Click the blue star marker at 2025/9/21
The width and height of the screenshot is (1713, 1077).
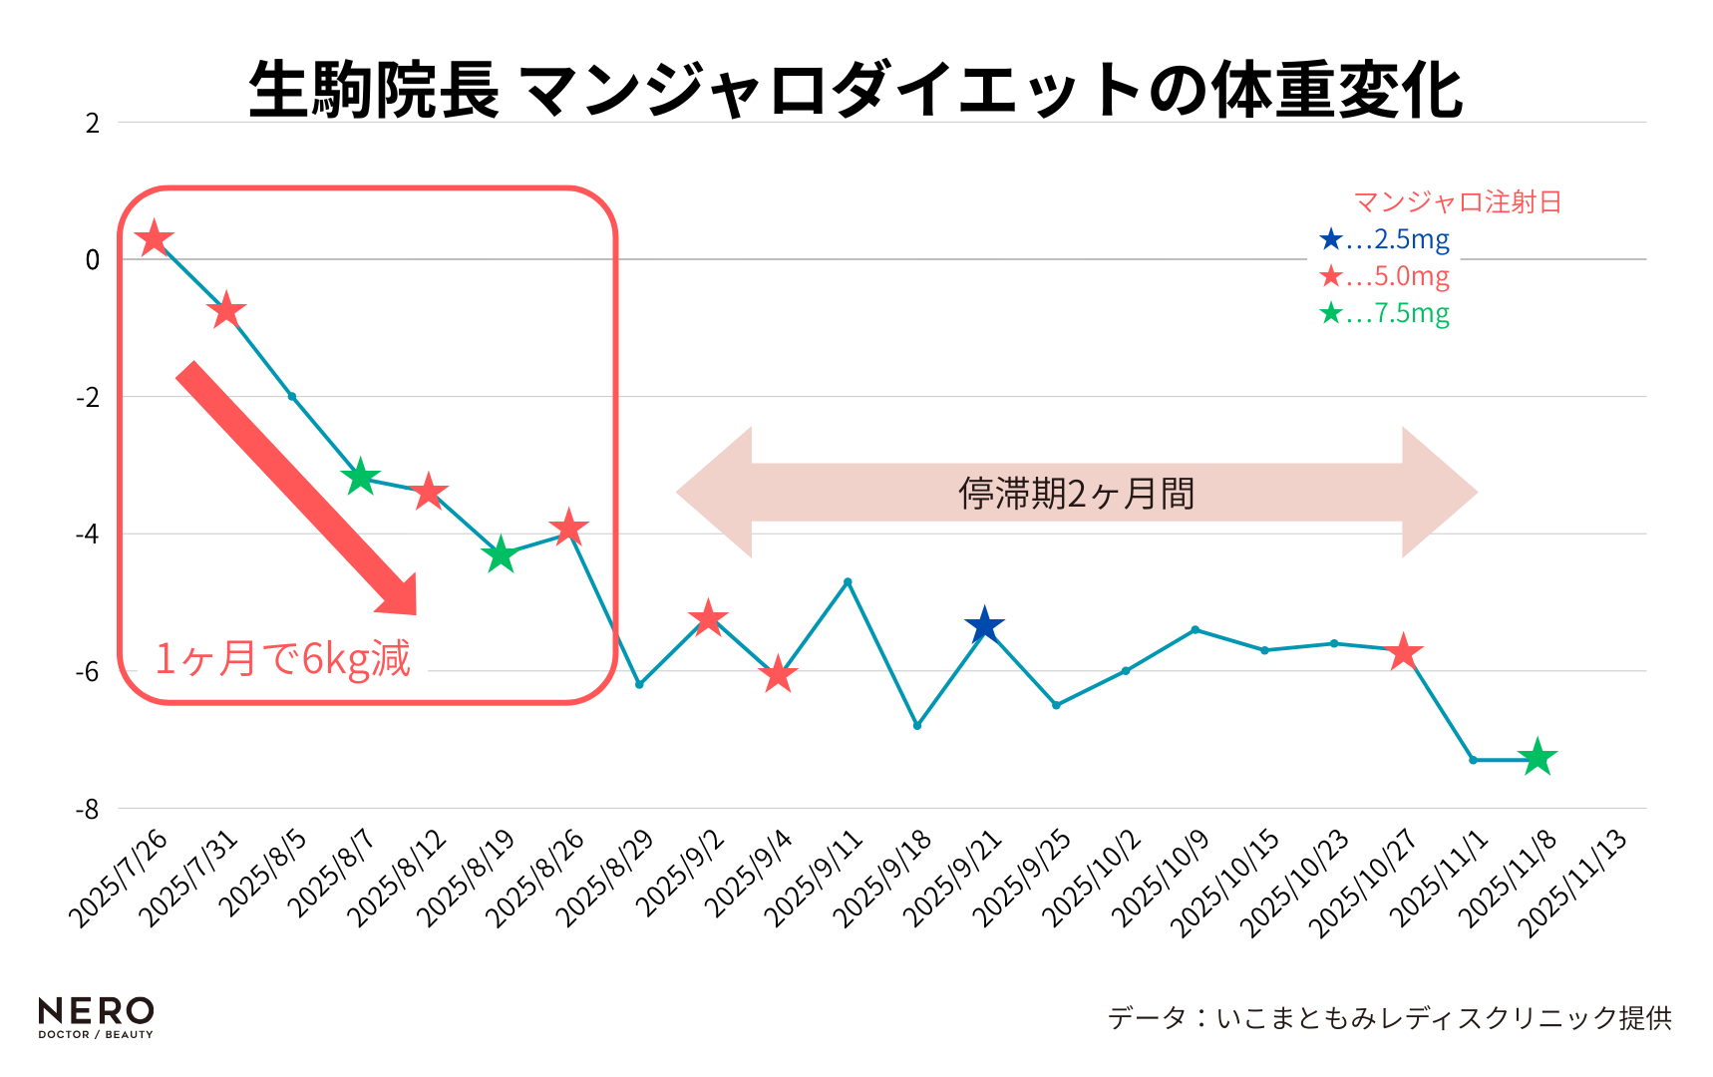(x=984, y=625)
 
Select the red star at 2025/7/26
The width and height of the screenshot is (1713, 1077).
(x=154, y=238)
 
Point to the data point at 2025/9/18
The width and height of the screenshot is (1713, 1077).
(x=916, y=725)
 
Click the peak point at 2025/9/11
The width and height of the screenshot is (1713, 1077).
(x=848, y=581)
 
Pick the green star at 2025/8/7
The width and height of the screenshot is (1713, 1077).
(x=360, y=477)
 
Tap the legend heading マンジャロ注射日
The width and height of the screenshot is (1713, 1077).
(x=1457, y=202)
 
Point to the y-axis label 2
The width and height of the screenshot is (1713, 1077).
(x=93, y=124)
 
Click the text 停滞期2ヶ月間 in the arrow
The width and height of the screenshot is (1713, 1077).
(x=1076, y=494)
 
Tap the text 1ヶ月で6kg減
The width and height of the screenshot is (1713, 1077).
(x=282, y=659)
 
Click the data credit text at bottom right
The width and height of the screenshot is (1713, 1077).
(x=1389, y=1017)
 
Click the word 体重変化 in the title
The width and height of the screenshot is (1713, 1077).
(x=1336, y=90)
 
